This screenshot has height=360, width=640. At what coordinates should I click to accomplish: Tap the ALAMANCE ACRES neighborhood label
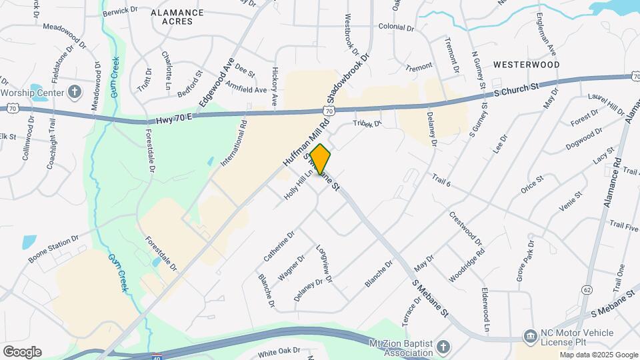pos(177,17)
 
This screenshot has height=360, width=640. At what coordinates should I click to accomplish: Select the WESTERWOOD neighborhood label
pos(526,65)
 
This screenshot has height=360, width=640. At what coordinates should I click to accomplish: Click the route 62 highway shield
pos(587,289)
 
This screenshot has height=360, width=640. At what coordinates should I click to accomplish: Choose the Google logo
pos(23,352)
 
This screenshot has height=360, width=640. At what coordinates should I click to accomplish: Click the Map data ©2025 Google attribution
pos(598,355)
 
